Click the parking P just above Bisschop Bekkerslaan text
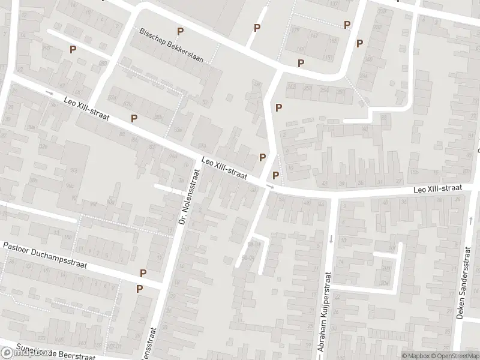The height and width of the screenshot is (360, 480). [179, 31]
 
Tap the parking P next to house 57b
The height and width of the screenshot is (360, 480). [134, 118]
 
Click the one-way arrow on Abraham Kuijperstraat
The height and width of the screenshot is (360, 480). [331, 239]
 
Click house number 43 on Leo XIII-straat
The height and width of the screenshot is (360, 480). [325, 183]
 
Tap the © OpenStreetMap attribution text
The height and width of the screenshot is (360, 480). [455, 356]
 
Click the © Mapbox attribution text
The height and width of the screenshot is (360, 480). [416, 356]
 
